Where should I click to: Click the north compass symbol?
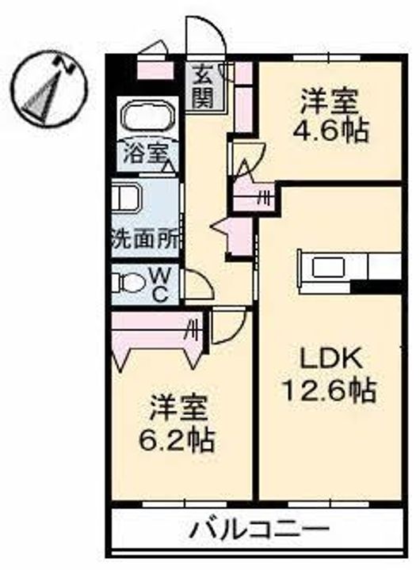[x=50, y=89]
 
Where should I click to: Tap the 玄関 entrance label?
[x=203, y=85]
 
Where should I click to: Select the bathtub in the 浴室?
[x=148, y=116]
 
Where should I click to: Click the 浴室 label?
[x=144, y=154]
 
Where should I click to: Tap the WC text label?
[x=160, y=286]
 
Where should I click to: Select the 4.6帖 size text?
[x=330, y=130]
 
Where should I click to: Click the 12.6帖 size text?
[x=329, y=389]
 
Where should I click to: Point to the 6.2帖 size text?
[x=177, y=440]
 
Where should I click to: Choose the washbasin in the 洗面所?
[x=125, y=197]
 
